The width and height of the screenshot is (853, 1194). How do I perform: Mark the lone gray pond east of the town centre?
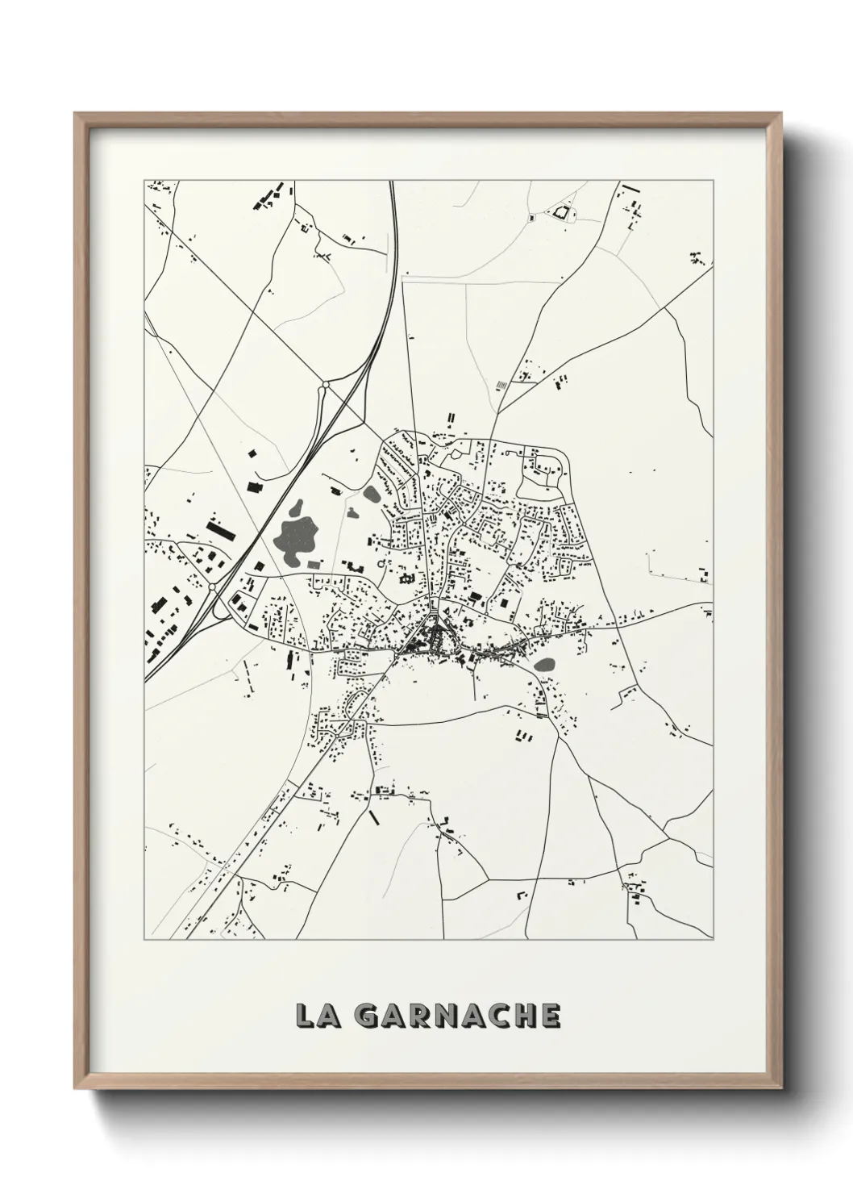545,666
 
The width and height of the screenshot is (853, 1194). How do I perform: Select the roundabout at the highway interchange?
212,590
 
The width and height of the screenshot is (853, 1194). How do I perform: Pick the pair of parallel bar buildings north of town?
452,419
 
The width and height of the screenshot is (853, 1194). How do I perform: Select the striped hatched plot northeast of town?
501,386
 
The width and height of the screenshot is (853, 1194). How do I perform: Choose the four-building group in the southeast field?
522,735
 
